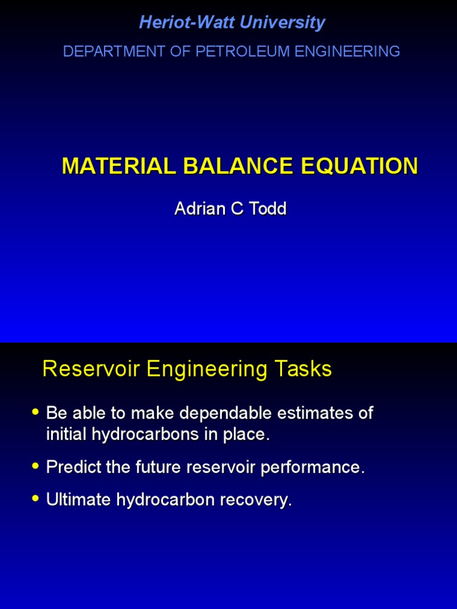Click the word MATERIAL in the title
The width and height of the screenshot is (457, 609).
(117, 167)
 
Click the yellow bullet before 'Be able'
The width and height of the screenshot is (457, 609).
(35, 412)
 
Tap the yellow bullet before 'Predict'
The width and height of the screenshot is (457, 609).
(35, 466)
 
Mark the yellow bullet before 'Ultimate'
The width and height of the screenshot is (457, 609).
(35, 498)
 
